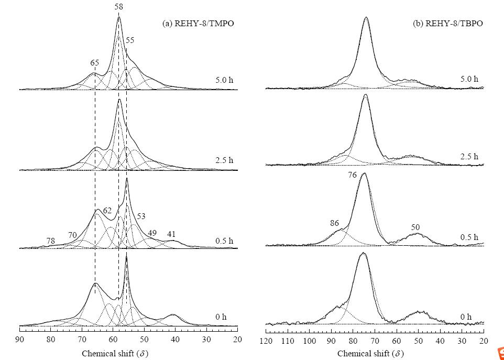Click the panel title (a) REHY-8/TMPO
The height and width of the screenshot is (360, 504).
click(x=198, y=23)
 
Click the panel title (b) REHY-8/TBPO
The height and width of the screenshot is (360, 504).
click(x=448, y=23)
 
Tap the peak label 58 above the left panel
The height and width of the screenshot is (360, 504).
click(x=118, y=6)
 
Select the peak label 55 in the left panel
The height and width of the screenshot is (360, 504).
click(x=130, y=40)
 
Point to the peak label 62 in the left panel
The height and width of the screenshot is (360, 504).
click(x=107, y=211)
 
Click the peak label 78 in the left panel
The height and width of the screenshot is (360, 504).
click(x=50, y=241)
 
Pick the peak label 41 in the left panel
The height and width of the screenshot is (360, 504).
click(x=171, y=234)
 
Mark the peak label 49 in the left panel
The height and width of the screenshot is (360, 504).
click(x=152, y=233)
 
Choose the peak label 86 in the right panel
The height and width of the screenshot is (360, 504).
click(x=334, y=223)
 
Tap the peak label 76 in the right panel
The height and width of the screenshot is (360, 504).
click(x=352, y=175)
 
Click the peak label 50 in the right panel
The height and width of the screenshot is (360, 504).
click(x=415, y=227)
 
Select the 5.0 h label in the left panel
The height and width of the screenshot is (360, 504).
click(x=224, y=80)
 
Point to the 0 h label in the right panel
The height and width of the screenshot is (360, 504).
click(x=466, y=317)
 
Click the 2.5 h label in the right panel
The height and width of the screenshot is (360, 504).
click(x=469, y=157)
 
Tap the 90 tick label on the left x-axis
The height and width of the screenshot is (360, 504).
click(x=19, y=340)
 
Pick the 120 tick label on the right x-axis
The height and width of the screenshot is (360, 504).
click(x=266, y=341)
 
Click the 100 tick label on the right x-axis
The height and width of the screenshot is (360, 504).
click(x=310, y=341)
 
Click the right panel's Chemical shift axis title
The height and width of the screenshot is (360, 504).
click(x=370, y=354)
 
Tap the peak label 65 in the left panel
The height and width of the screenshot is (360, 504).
click(x=94, y=63)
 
